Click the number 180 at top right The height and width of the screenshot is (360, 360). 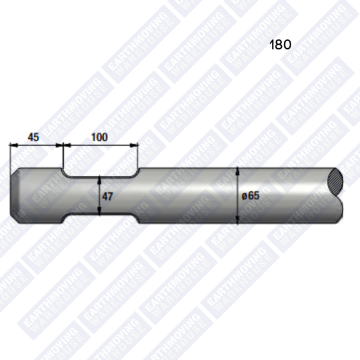tap(281, 45)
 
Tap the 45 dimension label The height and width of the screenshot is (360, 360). tap(33, 137)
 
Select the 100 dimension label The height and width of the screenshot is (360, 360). tap(100, 137)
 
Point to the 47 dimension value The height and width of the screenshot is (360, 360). tap(107, 196)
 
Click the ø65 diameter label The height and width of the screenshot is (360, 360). tap(250, 195)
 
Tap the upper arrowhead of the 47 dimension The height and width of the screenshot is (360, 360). tap(101, 179)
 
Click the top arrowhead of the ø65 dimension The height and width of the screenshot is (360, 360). tap(237, 171)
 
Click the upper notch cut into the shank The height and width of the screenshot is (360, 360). tap(100, 172)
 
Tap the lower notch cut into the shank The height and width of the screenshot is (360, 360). tap(100, 219)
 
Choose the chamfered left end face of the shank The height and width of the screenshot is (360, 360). tap(15, 195)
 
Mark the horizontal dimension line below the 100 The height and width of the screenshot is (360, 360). tap(100, 146)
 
